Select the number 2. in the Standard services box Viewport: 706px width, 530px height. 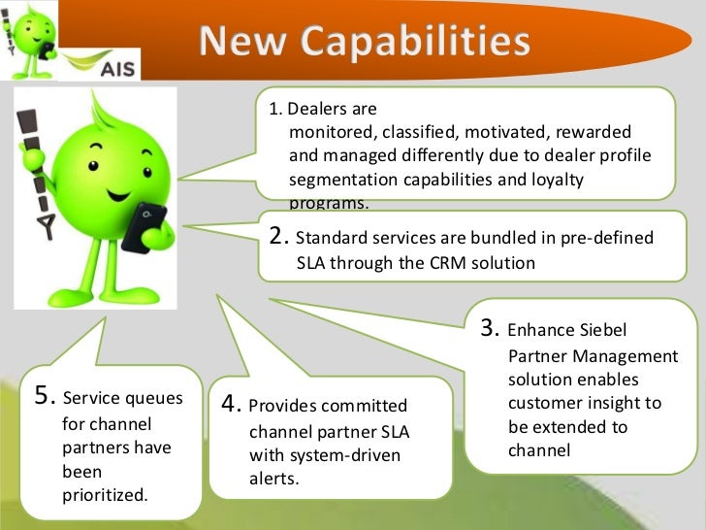click(x=279, y=237)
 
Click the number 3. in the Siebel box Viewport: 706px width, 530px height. click(x=491, y=329)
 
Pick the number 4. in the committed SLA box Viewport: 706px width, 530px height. click(x=232, y=404)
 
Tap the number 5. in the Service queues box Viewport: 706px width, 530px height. click(x=45, y=394)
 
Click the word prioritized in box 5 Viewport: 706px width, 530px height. click(x=105, y=495)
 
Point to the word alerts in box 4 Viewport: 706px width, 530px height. click(x=273, y=479)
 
